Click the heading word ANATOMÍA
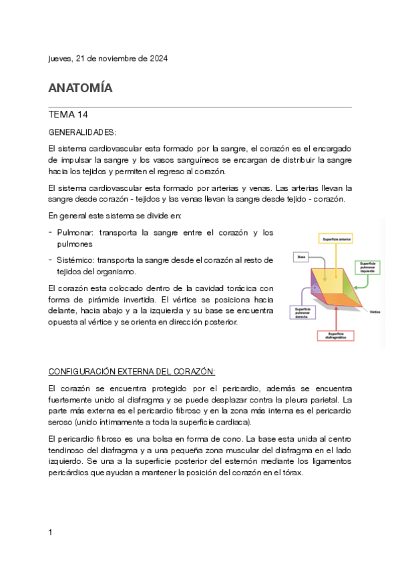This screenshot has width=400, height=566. [80, 87]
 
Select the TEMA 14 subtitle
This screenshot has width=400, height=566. [69, 114]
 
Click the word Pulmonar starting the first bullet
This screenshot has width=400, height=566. [76, 232]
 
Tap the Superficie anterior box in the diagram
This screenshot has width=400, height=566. [337, 239]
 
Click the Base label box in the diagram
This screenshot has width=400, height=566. [302, 256]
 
